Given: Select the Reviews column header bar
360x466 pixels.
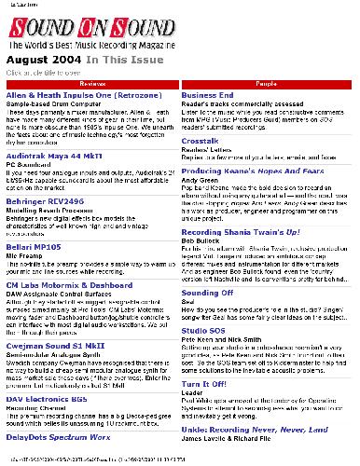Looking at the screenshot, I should (x=90, y=84).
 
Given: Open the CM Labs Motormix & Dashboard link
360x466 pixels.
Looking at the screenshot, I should (x=69, y=283).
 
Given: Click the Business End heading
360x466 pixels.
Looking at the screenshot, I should (x=207, y=95).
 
